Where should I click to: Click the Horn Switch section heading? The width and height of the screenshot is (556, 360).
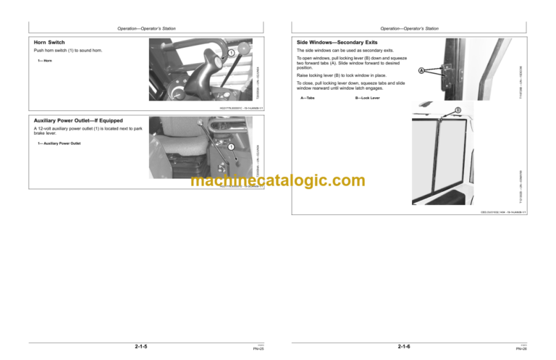[x=50, y=43]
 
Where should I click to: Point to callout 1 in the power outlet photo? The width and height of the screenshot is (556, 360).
[x=230, y=148]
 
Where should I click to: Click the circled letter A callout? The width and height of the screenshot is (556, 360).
[x=420, y=70]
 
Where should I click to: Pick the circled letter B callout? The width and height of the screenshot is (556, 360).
[x=458, y=110]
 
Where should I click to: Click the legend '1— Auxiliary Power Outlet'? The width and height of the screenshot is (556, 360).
[x=59, y=144]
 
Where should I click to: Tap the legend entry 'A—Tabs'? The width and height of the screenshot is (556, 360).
[x=307, y=97]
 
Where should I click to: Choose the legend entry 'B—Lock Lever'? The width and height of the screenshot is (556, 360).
[x=367, y=97]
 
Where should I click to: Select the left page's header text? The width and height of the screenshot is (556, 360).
[x=147, y=28]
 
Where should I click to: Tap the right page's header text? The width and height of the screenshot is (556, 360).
[x=409, y=28]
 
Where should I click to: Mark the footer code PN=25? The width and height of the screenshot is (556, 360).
[x=257, y=349]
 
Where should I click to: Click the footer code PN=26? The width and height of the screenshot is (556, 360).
[x=521, y=349]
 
